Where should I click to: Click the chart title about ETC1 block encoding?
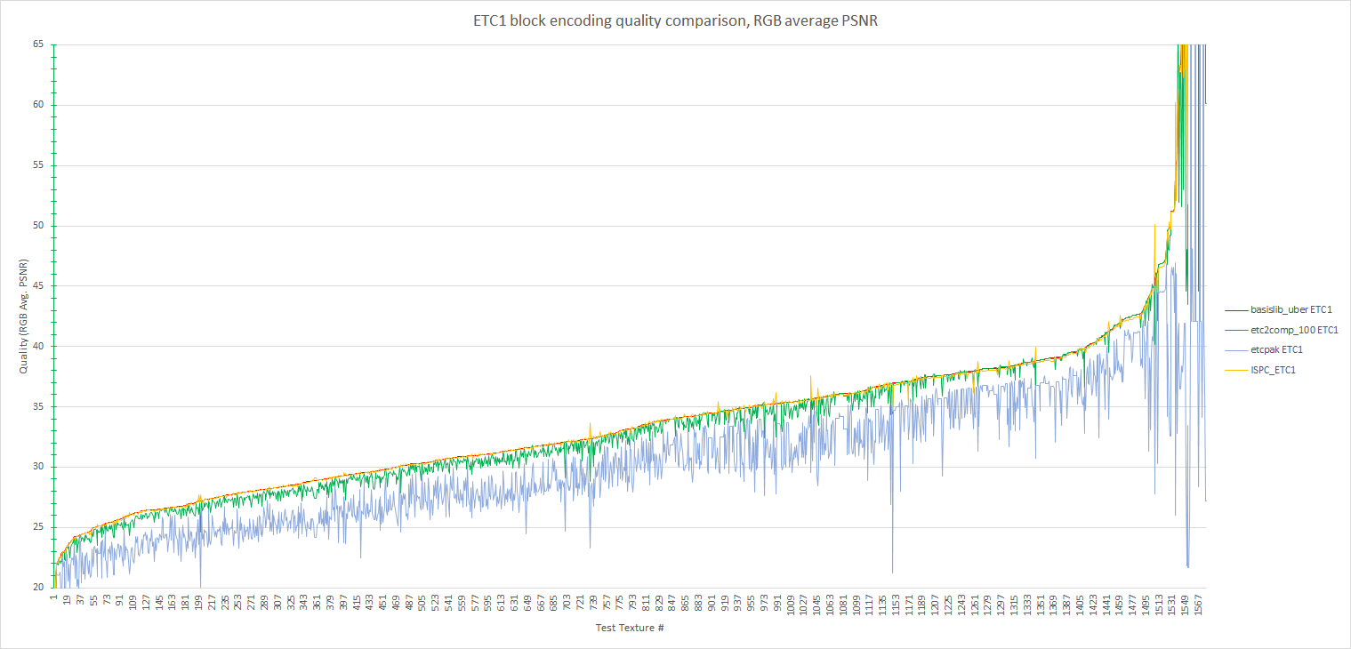(675, 22)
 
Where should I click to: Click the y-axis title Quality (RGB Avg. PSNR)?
(24, 316)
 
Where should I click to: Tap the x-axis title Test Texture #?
(631, 629)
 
